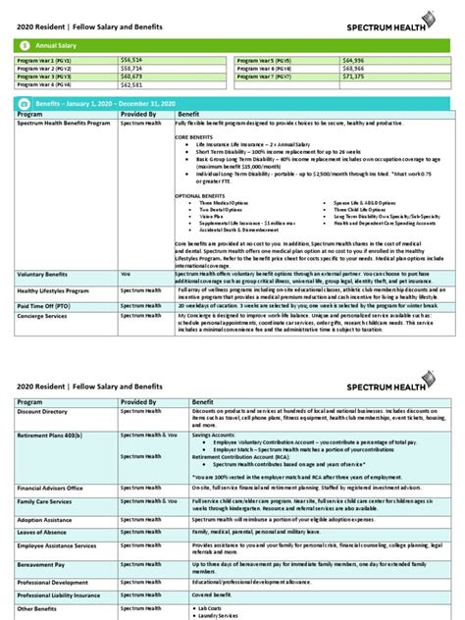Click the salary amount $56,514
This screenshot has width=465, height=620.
[x=132, y=61]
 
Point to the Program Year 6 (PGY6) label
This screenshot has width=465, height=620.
[x=266, y=69]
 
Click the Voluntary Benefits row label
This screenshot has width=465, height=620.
[x=42, y=275]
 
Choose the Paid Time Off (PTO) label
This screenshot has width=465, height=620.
[x=44, y=305]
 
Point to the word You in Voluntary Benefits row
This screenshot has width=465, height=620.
[x=125, y=275]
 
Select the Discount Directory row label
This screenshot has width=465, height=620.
[x=42, y=412]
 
